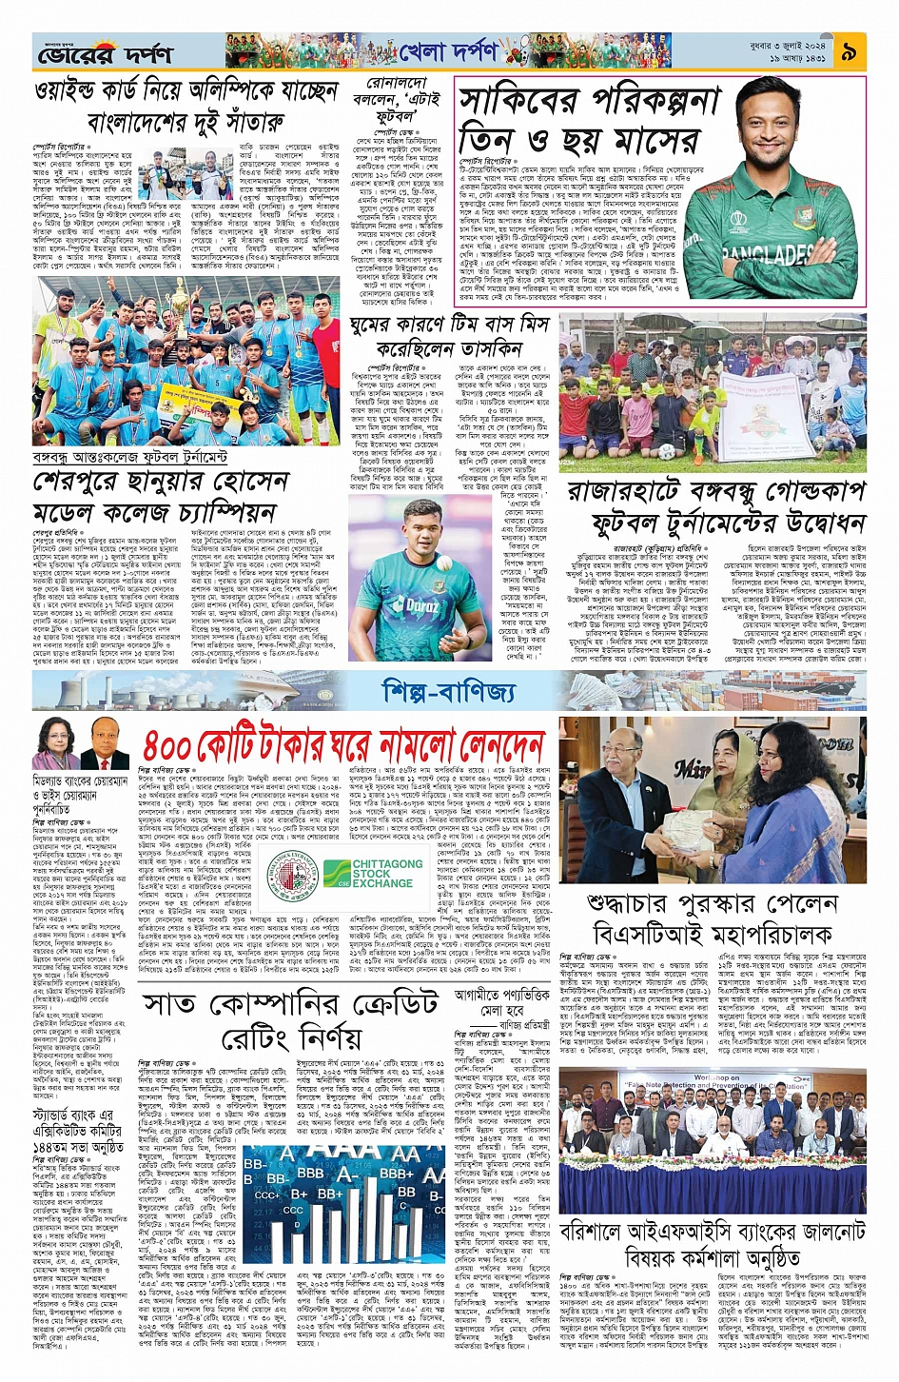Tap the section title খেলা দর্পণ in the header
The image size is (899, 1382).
(x=448, y=53)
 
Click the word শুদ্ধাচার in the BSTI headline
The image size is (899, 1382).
(x=638, y=902)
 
